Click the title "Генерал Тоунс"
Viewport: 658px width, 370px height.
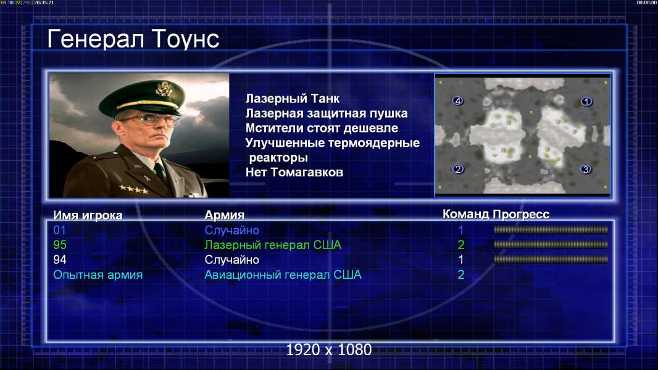(x=133, y=39)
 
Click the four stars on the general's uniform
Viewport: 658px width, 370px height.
(x=133, y=189)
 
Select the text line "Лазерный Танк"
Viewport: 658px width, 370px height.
(x=292, y=99)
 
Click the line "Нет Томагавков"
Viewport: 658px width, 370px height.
(x=294, y=172)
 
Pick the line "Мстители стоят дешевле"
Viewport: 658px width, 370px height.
(x=322, y=128)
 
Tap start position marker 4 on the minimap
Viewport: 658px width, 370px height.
(x=458, y=101)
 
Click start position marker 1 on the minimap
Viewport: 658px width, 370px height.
(x=586, y=101)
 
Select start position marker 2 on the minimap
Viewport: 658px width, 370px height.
(x=458, y=169)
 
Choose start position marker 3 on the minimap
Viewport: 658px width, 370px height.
(x=586, y=170)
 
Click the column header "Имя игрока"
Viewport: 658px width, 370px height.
(x=88, y=215)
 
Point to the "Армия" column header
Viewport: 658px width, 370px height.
(x=224, y=215)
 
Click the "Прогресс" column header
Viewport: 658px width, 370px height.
(x=521, y=214)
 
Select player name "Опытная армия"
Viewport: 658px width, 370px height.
(x=98, y=275)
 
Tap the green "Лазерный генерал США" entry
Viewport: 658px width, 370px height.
(x=273, y=245)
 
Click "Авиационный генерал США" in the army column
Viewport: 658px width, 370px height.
(x=283, y=275)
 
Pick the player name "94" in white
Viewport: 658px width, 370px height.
(x=60, y=260)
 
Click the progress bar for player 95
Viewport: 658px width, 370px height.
(x=551, y=244)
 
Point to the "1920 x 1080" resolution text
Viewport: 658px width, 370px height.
(x=329, y=350)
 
